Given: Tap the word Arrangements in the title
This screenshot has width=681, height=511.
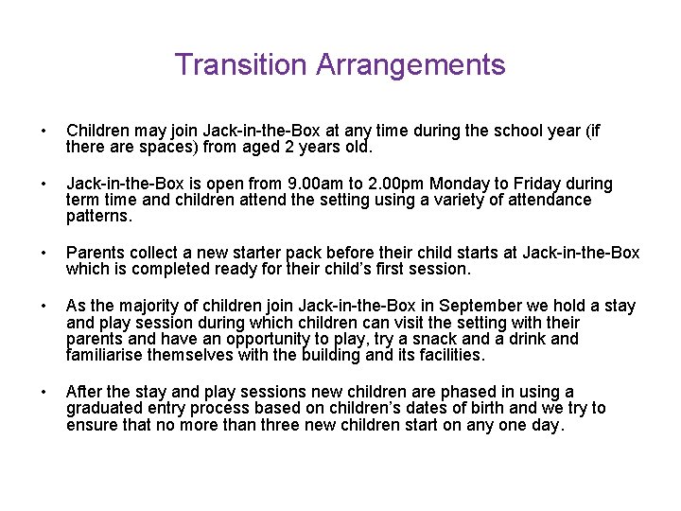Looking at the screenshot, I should pyautogui.click(x=410, y=65).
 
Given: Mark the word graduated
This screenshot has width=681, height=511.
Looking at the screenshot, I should pyautogui.click(x=105, y=409).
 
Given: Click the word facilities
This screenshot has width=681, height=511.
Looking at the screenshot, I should pyautogui.click(x=447, y=356).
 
